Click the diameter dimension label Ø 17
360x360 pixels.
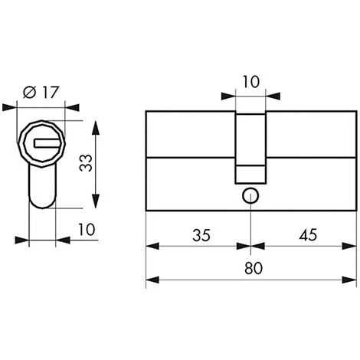coord(41,92)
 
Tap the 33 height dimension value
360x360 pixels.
coord(86,163)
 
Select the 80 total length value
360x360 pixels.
coord(254,268)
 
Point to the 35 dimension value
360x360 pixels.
coord(201,235)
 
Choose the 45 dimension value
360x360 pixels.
coord(308,234)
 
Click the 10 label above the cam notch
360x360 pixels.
coord(251,82)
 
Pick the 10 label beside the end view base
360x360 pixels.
coord(87,229)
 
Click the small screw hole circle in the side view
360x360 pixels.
coord(250,196)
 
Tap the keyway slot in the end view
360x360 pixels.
coord(48,143)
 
